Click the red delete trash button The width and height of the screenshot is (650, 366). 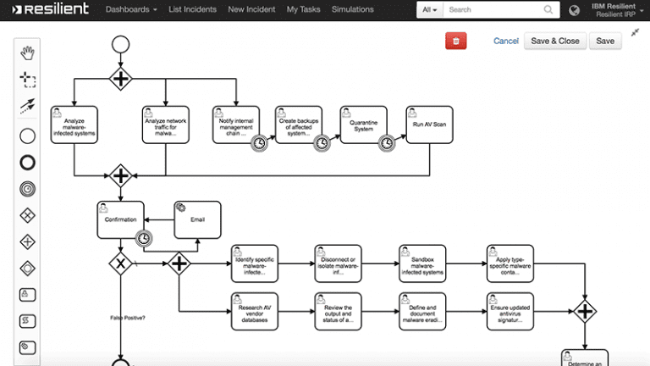(x=455, y=41)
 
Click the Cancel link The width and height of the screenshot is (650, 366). (x=506, y=41)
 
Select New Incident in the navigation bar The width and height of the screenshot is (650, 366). (x=252, y=10)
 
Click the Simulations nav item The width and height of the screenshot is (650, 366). (x=353, y=10)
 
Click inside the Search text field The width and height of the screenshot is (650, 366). (x=499, y=10)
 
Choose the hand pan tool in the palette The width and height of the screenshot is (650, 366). (x=28, y=53)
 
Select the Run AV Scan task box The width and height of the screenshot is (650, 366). (x=423, y=125)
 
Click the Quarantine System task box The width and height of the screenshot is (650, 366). (x=363, y=125)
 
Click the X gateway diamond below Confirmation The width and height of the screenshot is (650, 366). (x=120, y=264)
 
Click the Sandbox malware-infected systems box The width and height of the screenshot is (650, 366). (x=422, y=263)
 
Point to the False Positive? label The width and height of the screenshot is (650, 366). (x=128, y=318)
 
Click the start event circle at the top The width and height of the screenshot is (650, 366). (x=120, y=44)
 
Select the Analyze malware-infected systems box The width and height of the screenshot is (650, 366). (x=74, y=125)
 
